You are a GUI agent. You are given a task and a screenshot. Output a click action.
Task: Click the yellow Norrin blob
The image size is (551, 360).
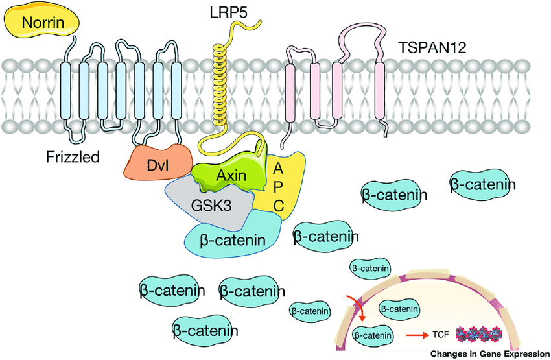42,23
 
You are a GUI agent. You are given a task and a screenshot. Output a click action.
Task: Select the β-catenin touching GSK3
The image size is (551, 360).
233,239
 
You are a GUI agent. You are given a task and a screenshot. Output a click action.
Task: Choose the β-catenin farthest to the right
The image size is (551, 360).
483,186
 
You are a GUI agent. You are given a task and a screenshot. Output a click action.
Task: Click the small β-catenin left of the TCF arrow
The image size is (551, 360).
372,335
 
